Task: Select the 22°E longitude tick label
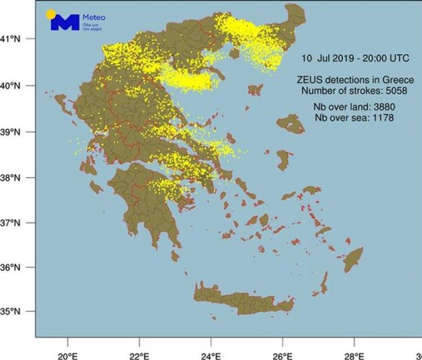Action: (139, 347)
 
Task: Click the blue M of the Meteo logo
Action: (64, 23)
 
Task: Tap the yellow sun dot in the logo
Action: (51, 13)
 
